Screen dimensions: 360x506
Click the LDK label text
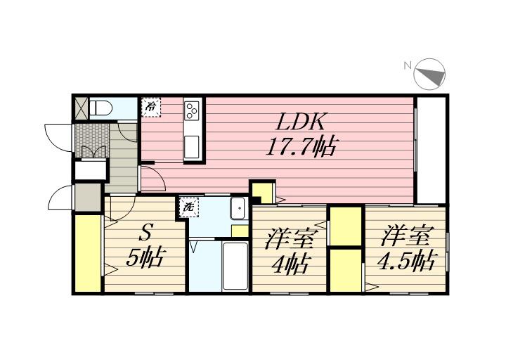point(300,122)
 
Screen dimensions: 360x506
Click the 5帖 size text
point(145,258)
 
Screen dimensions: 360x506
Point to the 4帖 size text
point(289,264)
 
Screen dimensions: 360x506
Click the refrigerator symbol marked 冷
point(151,107)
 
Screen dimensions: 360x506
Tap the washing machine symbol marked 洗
point(188,207)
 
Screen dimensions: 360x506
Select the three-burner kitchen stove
point(193,110)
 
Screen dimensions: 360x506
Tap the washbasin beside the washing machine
point(238,208)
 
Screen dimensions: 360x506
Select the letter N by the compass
point(407,65)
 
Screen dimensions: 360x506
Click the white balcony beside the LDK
point(431,149)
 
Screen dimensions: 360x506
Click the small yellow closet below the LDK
point(263,193)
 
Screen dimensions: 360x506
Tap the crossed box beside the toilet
point(81,108)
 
